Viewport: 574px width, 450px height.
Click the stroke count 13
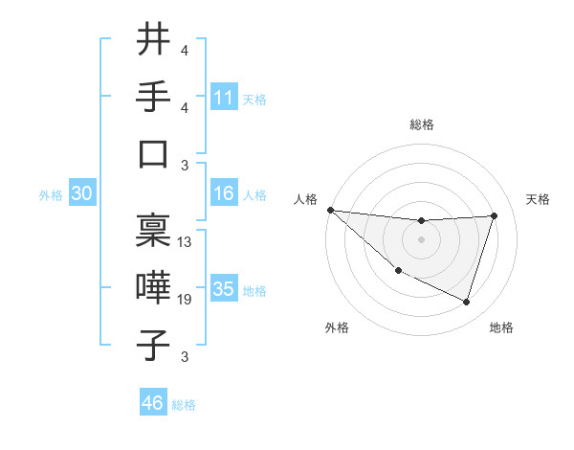coord(186,242)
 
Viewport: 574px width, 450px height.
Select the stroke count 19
coord(186,301)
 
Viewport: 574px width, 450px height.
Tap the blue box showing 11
coord(224,98)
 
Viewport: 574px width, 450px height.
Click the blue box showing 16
coord(224,193)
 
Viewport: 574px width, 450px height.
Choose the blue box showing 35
coord(224,289)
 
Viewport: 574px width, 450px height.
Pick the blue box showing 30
coord(81,193)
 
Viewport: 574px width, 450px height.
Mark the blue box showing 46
coord(152,403)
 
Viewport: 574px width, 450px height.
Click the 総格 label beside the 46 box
coord(184,405)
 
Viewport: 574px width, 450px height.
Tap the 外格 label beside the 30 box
coord(51,195)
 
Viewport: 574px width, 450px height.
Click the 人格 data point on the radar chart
coord(330,210)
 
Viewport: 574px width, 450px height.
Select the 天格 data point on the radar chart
coord(494,215)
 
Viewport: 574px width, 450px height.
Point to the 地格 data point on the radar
coord(467,302)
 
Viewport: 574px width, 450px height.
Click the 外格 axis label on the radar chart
coord(337,327)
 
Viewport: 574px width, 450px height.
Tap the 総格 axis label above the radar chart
coord(422,124)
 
